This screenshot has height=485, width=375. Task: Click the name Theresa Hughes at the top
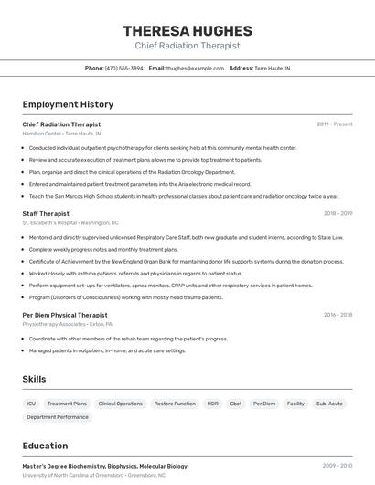coord(187,30)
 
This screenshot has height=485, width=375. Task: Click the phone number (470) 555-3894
coord(123,68)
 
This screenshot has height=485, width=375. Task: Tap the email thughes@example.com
coord(194,68)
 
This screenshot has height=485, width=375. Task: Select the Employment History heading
coord(68,104)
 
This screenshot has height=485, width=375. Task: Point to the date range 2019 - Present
coord(335,124)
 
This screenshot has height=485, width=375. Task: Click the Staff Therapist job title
coord(46,213)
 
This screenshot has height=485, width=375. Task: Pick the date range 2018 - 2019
coord(337,213)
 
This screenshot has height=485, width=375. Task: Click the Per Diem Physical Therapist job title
coord(65,315)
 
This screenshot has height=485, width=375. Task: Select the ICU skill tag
coord(31,404)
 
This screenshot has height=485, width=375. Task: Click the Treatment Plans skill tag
coord(67,404)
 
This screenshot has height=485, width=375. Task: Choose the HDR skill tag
coord(212,404)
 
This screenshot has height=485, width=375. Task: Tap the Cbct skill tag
coord(236,404)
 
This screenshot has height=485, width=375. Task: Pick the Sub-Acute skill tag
coord(329,404)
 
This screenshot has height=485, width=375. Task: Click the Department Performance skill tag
coord(58,417)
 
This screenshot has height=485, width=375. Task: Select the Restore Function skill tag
coord(175,404)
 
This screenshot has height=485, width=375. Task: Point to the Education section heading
coord(45,447)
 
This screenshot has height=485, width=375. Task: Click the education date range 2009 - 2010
coord(337,466)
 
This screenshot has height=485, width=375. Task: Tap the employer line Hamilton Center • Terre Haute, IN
coord(62,134)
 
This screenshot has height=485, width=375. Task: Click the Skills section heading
coord(34,379)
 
